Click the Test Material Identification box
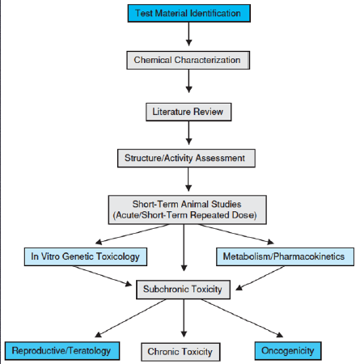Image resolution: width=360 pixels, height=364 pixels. click(x=188, y=13)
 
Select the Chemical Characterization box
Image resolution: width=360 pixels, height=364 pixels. click(x=188, y=60)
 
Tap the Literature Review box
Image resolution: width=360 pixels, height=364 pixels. click(x=188, y=112)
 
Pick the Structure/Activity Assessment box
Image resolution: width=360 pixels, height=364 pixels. click(x=186, y=159)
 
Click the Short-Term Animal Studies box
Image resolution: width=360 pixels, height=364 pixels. click(x=187, y=210)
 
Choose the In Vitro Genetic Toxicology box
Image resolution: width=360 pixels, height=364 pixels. click(x=86, y=256)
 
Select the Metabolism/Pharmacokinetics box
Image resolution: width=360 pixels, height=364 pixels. click(x=285, y=256)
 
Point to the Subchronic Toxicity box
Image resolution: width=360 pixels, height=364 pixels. click(x=183, y=290)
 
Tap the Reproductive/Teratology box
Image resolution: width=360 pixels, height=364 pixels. click(x=62, y=351)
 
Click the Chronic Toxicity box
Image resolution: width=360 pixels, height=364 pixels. click(x=180, y=352)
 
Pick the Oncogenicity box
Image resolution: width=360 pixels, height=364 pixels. click(x=288, y=351)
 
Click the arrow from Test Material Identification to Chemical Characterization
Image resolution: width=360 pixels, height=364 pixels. click(x=188, y=34)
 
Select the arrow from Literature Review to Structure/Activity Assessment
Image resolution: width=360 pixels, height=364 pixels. click(x=188, y=133)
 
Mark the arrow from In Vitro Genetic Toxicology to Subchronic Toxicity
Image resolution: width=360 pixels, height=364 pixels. click(x=102, y=276)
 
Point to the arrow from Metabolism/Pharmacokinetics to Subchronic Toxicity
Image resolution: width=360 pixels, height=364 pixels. click(x=260, y=278)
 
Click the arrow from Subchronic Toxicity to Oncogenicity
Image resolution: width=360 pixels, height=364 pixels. click(x=242, y=318)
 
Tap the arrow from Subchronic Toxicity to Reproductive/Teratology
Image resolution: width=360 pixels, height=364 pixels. click(x=130, y=318)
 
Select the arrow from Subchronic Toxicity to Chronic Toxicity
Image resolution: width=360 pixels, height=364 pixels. click(x=184, y=318)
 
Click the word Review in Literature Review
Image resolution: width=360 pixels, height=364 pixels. click(x=209, y=112)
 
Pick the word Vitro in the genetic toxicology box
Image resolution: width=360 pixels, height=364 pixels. click(x=50, y=256)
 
